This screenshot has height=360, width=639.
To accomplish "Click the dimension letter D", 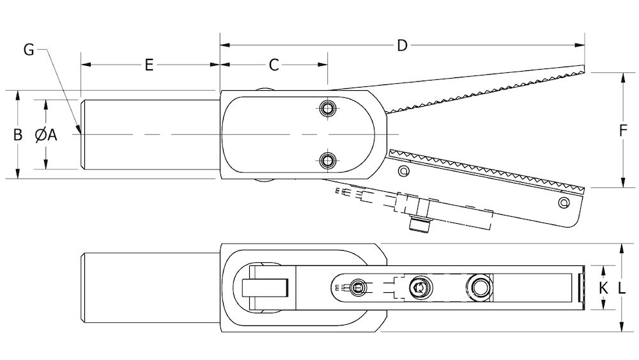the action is [x=402, y=45].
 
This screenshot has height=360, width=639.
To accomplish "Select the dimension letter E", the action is [x=149, y=65].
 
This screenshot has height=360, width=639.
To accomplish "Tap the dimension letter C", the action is [x=274, y=65].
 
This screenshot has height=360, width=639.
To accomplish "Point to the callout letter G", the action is [x=29, y=50].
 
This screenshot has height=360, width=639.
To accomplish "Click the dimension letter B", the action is [x=17, y=134].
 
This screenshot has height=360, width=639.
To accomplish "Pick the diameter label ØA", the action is [x=46, y=134].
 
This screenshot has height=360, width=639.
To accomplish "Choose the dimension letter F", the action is [x=622, y=130].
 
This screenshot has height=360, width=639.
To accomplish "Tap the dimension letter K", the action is [x=604, y=288].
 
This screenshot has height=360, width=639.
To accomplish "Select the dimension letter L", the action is [x=622, y=288].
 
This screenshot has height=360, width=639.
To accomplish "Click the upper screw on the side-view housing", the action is [x=327, y=108].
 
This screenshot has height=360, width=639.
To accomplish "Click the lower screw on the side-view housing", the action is [x=327, y=160].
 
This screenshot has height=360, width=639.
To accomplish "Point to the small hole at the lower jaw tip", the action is [x=564, y=202].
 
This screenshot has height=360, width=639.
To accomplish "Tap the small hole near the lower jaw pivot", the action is [x=404, y=171].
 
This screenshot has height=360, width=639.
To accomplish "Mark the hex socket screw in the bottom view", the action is [x=420, y=288].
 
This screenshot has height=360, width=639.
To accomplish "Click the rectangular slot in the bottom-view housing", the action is [x=265, y=288].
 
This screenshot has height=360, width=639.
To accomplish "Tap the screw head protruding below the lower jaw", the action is [x=419, y=225].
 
